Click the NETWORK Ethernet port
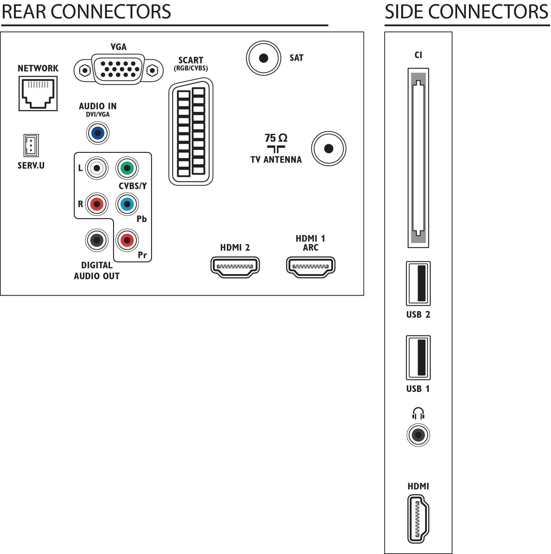[x=38, y=93]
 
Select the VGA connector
[x=118, y=70]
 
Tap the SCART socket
[x=191, y=132]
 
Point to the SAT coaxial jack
[x=264, y=58]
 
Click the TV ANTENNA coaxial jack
[x=328, y=149]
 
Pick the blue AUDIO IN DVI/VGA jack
[x=98, y=133]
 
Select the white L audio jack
[x=97, y=168]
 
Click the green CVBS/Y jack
[x=127, y=168]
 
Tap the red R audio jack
[x=97, y=204]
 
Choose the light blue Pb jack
[x=127, y=204]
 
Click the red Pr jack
[x=127, y=240]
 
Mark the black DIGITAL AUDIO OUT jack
[x=97, y=240]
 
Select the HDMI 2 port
[x=235, y=267]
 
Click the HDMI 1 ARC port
[x=311, y=267]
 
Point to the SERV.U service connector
[x=31, y=145]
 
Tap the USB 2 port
[x=418, y=284]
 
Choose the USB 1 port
[x=418, y=357]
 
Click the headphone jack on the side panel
[x=418, y=435]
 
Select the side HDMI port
[x=418, y=519]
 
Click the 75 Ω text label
[x=276, y=138]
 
